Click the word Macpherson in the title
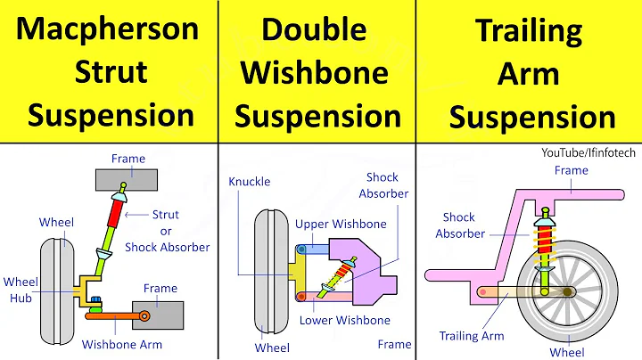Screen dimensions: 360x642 point(108,29)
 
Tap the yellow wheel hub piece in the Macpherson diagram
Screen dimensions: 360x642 point(86,286)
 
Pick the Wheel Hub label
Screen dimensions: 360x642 point(21,290)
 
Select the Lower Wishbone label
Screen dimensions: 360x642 point(344,320)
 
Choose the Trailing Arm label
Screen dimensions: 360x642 point(472,336)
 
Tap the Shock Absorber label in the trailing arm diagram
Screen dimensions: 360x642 point(460,225)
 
